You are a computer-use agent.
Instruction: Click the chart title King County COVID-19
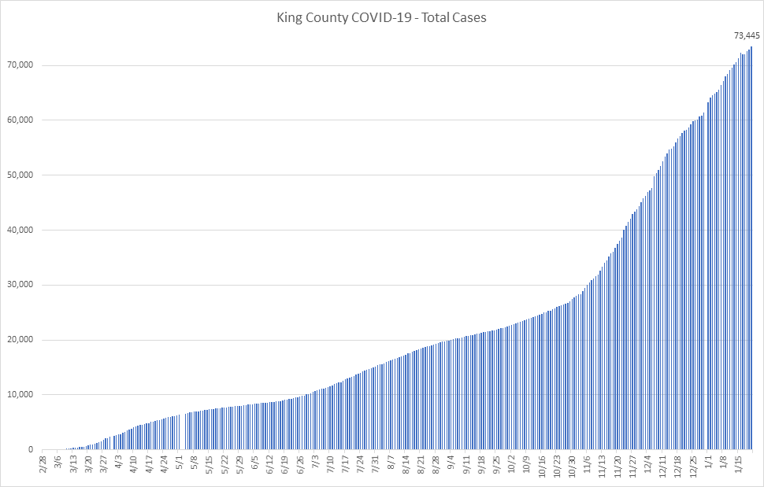347,17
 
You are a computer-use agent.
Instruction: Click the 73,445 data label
746,35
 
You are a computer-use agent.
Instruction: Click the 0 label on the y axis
32,450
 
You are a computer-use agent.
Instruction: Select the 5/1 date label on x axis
180,462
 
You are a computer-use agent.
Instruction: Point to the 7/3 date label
317,462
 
